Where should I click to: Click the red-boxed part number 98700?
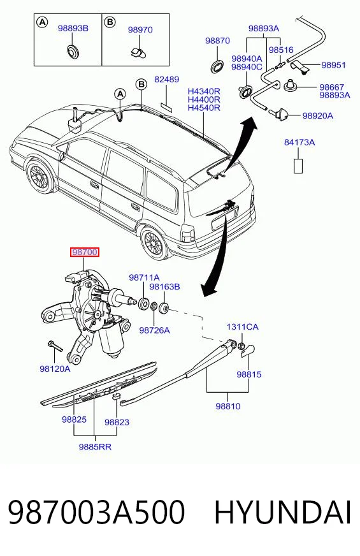pyautogui.click(x=85, y=252)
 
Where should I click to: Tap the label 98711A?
pyautogui.click(x=144, y=277)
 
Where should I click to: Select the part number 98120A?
pyautogui.click(x=55, y=369)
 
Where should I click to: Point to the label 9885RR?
pyautogui.click(x=95, y=447)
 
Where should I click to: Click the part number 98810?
pyautogui.click(x=228, y=406)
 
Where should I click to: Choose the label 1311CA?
pyautogui.click(x=242, y=327)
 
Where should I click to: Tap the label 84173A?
pyautogui.click(x=299, y=143)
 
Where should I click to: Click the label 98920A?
pyautogui.click(x=317, y=115)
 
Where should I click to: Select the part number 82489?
pyautogui.click(x=166, y=80)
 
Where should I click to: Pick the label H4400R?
pyautogui.click(x=204, y=99)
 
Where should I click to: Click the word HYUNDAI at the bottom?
pyautogui.click(x=282, y=512)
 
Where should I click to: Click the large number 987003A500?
pyautogui.click(x=96, y=512)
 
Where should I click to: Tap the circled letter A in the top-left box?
pyautogui.click(x=42, y=22)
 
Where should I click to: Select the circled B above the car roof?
pyautogui.click(x=141, y=84)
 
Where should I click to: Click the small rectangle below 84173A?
pyautogui.click(x=298, y=166)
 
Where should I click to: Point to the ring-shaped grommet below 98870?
pyautogui.click(x=217, y=66)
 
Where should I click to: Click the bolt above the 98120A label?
pyautogui.click(x=55, y=346)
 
